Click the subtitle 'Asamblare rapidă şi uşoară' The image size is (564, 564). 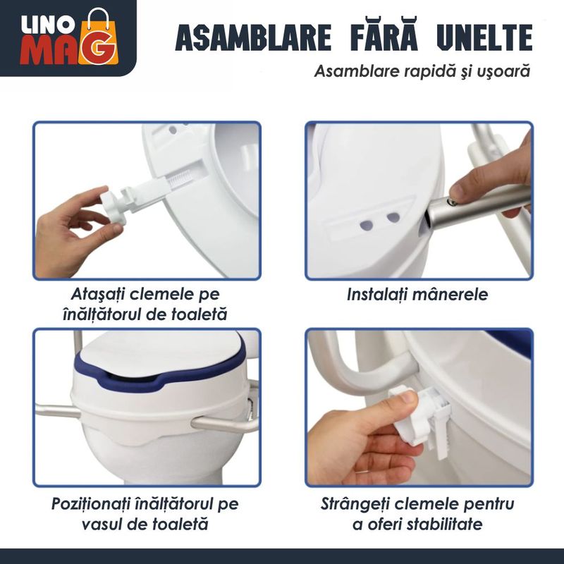click(x=422, y=71)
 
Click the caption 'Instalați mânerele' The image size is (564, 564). click(x=417, y=295)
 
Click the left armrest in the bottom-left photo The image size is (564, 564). click(x=56, y=410)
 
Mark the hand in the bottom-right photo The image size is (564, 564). click(x=352, y=437)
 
